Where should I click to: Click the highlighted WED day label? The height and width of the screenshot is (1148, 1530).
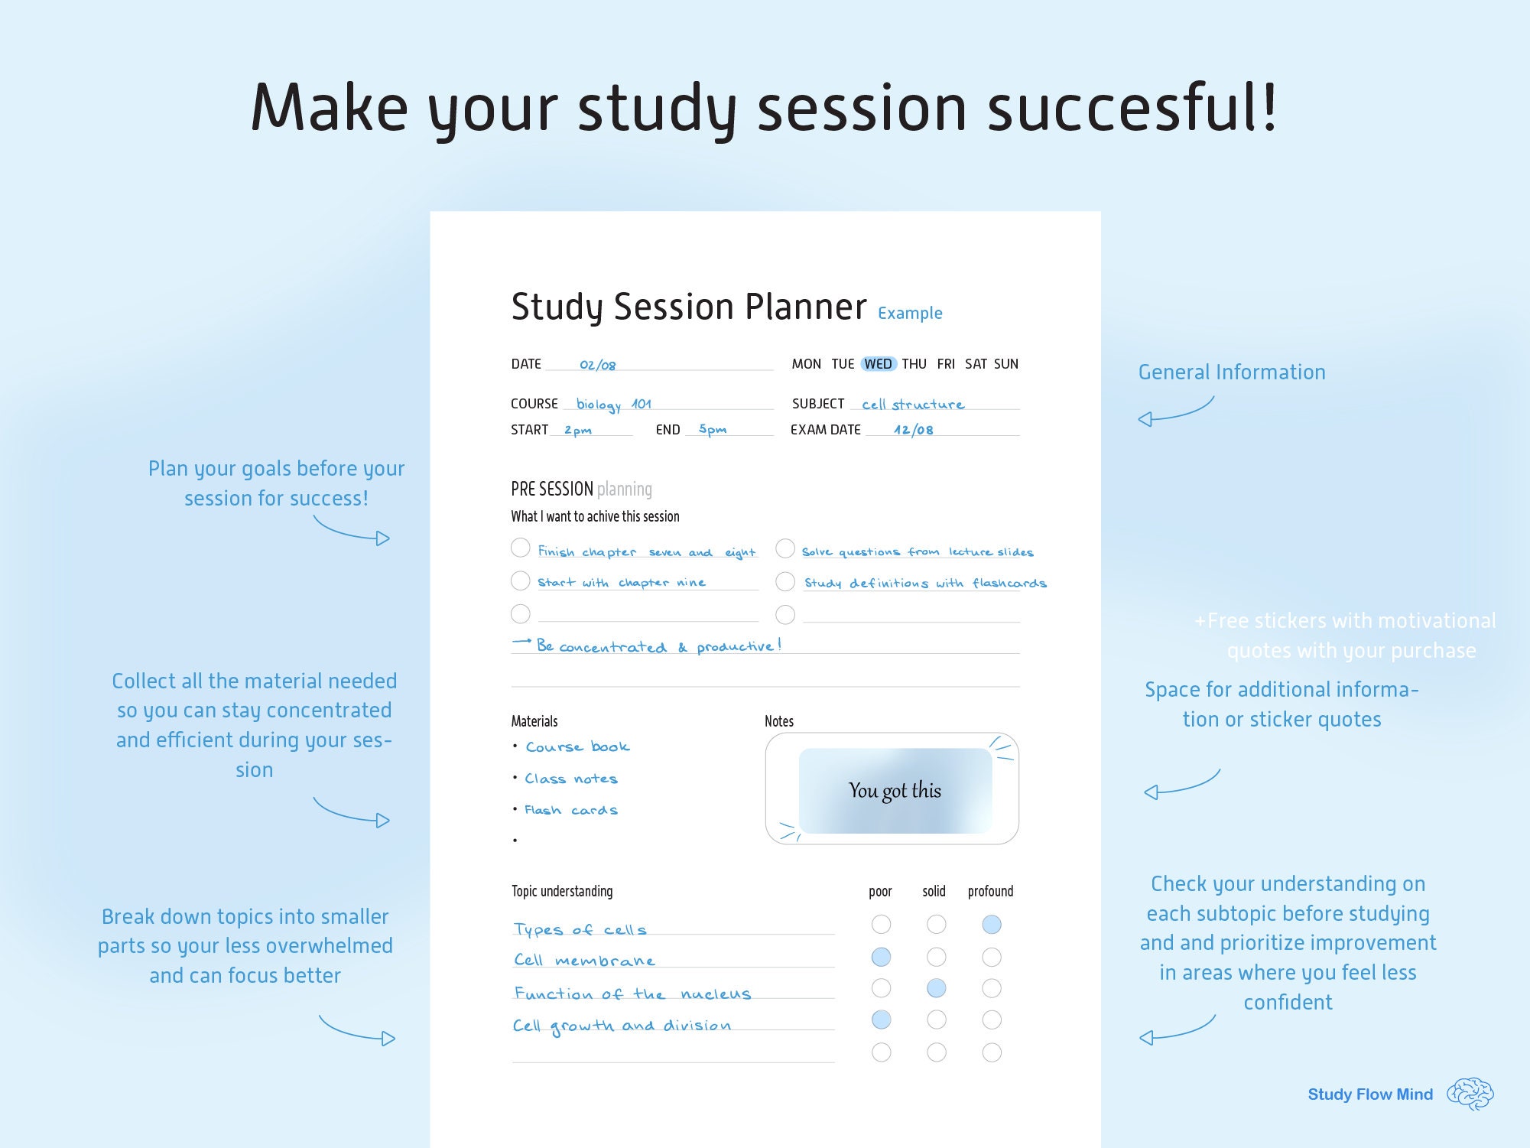pyautogui.click(x=878, y=364)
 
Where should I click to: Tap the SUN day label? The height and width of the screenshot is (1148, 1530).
pyautogui.click(x=1005, y=364)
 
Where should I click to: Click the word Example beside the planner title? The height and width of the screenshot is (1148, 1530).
pyautogui.click(x=910, y=314)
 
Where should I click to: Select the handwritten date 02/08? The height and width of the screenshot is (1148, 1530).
pyautogui.click(x=597, y=366)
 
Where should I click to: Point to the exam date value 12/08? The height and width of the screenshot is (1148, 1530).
pyautogui.click(x=913, y=430)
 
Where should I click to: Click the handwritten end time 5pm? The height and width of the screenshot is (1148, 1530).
pyautogui.click(x=712, y=430)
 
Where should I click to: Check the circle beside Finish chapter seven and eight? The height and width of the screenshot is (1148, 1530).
pyautogui.click(x=520, y=548)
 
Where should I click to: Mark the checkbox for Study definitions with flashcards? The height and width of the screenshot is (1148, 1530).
pyautogui.click(x=785, y=582)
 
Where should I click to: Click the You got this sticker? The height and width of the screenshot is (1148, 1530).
pyautogui.click(x=895, y=791)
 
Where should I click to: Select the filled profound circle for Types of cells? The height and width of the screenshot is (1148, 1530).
pyautogui.click(x=992, y=925)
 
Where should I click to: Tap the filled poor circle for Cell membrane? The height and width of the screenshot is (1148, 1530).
pyautogui.click(x=881, y=957)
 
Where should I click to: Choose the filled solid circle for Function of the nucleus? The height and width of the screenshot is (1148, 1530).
pyautogui.click(x=936, y=988)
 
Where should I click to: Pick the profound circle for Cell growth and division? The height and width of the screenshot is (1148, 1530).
pyautogui.click(x=992, y=1020)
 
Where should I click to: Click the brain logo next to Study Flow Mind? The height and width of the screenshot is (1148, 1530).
pyautogui.click(x=1470, y=1094)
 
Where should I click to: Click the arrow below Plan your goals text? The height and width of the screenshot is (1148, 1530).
pyautogui.click(x=352, y=531)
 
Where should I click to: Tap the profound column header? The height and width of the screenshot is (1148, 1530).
pyautogui.click(x=990, y=892)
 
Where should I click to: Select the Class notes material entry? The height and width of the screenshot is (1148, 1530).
pyautogui.click(x=570, y=779)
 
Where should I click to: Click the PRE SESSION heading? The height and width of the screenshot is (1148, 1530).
pyautogui.click(x=552, y=489)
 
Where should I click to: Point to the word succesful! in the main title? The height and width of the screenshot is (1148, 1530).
pyautogui.click(x=1132, y=108)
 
